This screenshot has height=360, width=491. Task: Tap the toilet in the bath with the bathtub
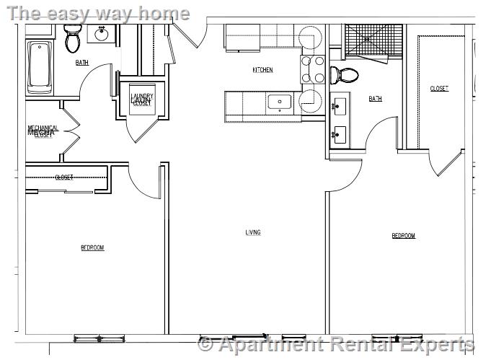(72, 39)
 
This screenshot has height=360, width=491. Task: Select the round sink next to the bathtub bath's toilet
(100, 33)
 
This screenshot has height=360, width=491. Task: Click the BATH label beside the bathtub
(82, 63)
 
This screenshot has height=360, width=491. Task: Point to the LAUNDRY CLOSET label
(141, 100)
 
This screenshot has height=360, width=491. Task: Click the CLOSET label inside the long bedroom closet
(64, 177)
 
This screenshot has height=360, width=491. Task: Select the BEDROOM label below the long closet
(92, 247)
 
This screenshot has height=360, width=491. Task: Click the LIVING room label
(253, 232)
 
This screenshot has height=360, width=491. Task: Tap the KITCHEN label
(262, 70)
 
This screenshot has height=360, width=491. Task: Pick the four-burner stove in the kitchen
(312, 69)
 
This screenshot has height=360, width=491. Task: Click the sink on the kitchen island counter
(278, 102)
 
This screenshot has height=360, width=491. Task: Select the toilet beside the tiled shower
(345, 75)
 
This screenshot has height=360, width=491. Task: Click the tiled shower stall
(372, 43)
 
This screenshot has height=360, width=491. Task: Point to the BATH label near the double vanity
(375, 99)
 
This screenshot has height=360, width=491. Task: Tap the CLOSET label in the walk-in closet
(439, 89)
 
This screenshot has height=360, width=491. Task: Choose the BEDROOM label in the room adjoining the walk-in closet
(403, 236)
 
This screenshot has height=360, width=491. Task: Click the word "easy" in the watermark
(76, 13)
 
